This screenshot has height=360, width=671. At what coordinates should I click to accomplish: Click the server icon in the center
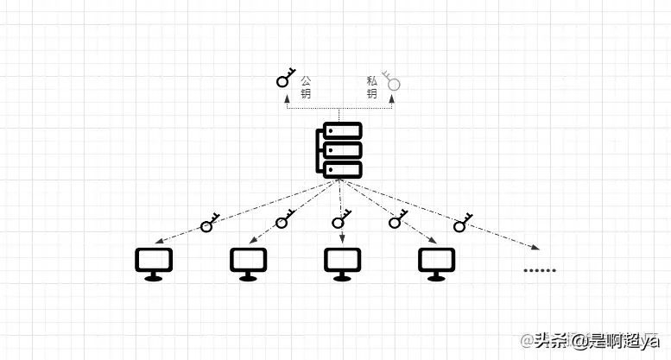(x=339, y=150)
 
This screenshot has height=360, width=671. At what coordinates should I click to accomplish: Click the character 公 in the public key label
(x=306, y=79)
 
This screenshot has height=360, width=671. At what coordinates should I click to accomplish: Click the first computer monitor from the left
(x=155, y=263)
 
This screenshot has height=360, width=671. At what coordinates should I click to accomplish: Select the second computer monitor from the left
(x=249, y=263)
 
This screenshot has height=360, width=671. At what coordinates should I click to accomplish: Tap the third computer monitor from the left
(x=342, y=263)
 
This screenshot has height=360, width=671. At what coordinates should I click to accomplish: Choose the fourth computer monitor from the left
(x=436, y=263)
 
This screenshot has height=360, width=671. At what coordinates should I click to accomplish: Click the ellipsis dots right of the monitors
(x=540, y=269)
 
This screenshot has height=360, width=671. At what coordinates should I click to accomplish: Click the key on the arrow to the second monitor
(x=284, y=220)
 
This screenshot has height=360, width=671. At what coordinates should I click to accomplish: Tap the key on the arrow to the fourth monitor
(x=397, y=219)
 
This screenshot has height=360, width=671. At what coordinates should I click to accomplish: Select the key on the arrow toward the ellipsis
(x=462, y=223)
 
